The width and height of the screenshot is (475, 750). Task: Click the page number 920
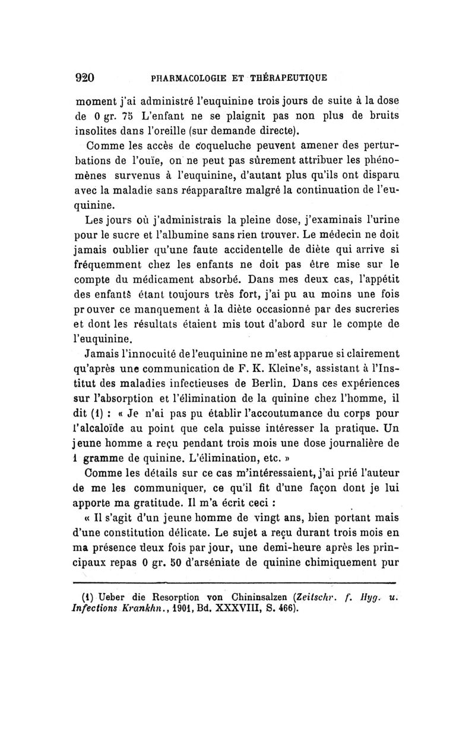[x=87, y=77]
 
